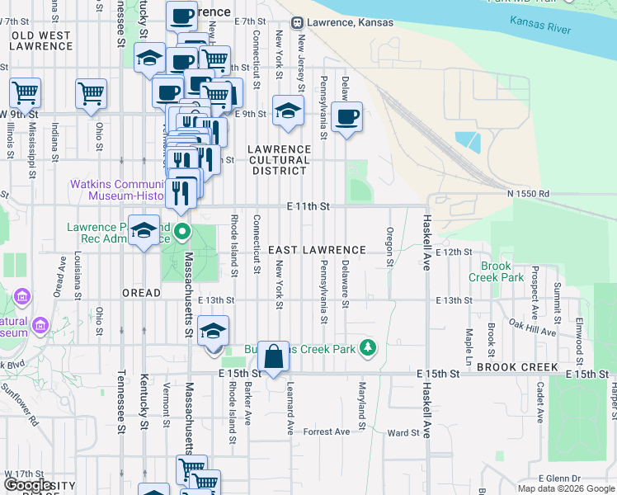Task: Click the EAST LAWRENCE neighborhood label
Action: pyautogui.click(x=317, y=249)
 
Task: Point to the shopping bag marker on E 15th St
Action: pyautogui.click(x=274, y=357)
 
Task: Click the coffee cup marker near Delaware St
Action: pyautogui.click(x=347, y=117)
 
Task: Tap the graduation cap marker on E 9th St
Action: pyautogui.click(x=288, y=111)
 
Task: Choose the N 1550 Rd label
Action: pyautogui.click(x=528, y=193)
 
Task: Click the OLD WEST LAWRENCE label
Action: pyautogui.click(x=41, y=40)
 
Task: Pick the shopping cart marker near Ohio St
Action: pyautogui.click(x=91, y=94)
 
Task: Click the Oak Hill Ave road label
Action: pyautogui.click(x=532, y=328)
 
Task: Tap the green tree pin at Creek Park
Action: pyautogui.click(x=370, y=349)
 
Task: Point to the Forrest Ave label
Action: pyautogui.click(x=327, y=431)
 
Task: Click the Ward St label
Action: pyautogui.click(x=403, y=432)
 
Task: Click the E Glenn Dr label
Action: pyautogui.click(x=559, y=478)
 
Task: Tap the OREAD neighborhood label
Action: pyautogui.click(x=141, y=292)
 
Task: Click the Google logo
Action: pyautogui.click(x=28, y=485)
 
